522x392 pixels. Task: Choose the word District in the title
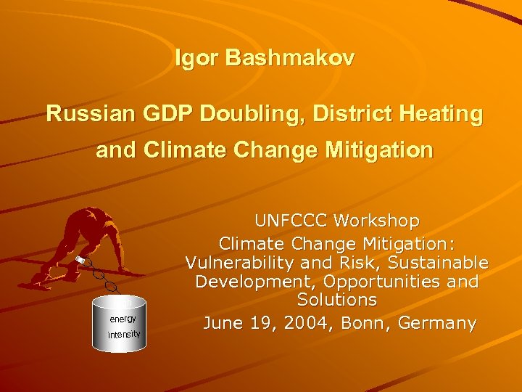339,114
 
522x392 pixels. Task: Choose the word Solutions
337,300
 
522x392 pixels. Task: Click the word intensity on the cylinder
123,334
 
